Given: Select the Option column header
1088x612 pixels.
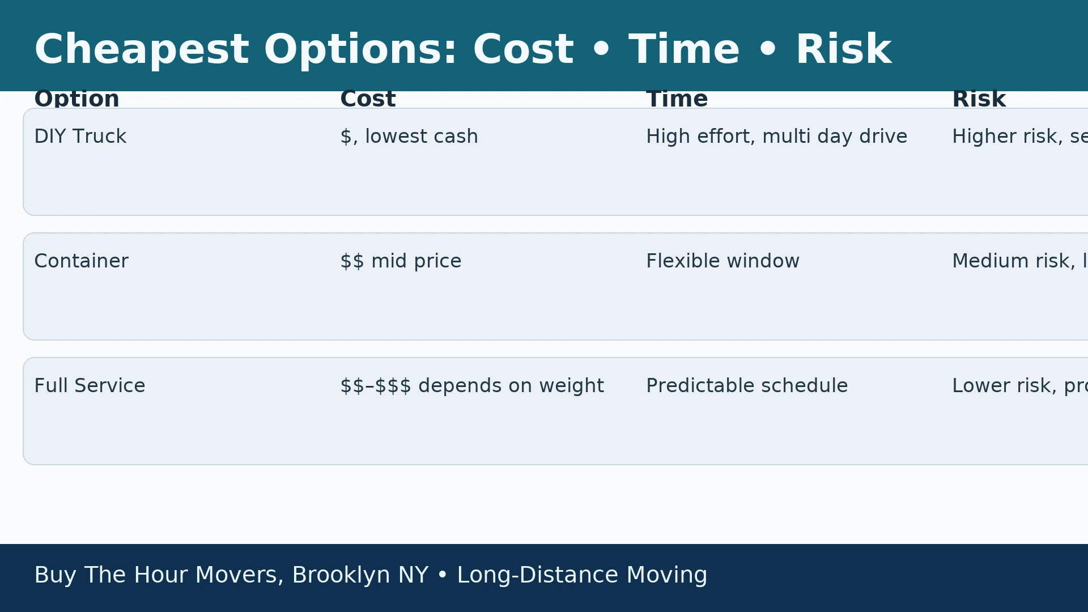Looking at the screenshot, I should (76, 99).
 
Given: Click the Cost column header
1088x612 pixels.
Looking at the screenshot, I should (368, 99).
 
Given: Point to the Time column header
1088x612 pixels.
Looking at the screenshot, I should (677, 99).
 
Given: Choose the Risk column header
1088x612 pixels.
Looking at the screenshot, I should (979, 99).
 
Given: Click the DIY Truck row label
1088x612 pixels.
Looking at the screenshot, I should (80, 137).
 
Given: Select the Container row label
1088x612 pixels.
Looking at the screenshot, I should (81, 261).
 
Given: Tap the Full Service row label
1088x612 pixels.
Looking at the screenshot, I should (90, 386).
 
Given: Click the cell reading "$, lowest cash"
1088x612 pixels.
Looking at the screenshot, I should (409, 137).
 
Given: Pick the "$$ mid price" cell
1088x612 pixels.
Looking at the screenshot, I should (401, 261).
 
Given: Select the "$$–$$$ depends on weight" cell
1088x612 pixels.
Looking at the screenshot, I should (471, 386).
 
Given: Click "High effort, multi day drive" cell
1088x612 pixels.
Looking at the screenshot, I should (776, 137).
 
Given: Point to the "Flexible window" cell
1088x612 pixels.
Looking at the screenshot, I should (722, 261).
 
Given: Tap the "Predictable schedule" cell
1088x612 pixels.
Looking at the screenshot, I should (747, 386).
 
